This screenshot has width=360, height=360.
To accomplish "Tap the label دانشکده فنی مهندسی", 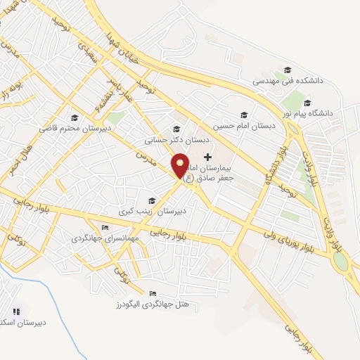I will (288, 81).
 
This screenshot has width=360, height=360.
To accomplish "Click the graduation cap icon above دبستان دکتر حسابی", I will (176, 129).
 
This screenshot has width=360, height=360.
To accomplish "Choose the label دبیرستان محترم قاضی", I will (73, 129).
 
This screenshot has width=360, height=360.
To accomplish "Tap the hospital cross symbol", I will (207, 156).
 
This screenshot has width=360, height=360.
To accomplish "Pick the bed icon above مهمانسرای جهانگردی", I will (105, 227).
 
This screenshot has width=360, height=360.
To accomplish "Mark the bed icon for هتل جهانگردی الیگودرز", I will (153, 293).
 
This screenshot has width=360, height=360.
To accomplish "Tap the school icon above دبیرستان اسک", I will (16, 311).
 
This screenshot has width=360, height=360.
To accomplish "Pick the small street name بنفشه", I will (104, 98).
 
